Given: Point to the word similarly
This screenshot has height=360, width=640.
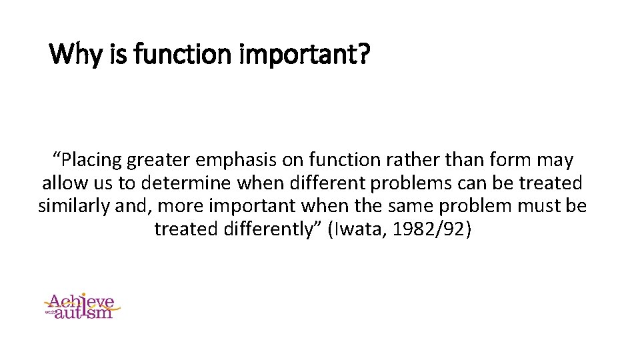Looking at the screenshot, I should tap(75, 206).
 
